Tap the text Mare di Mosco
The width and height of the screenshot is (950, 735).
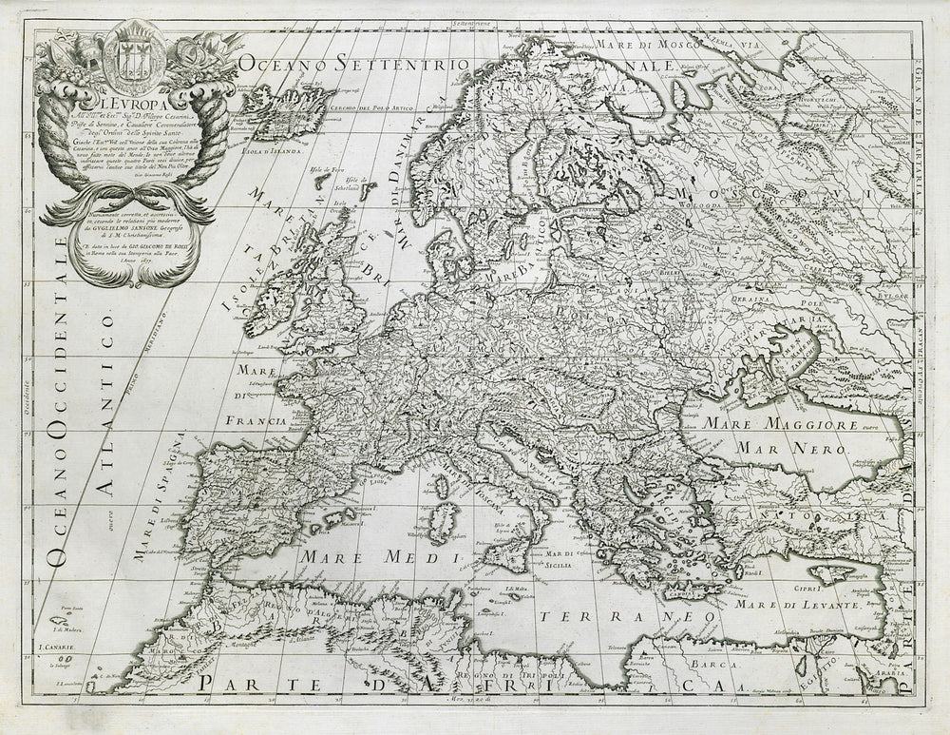pos(645,43)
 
